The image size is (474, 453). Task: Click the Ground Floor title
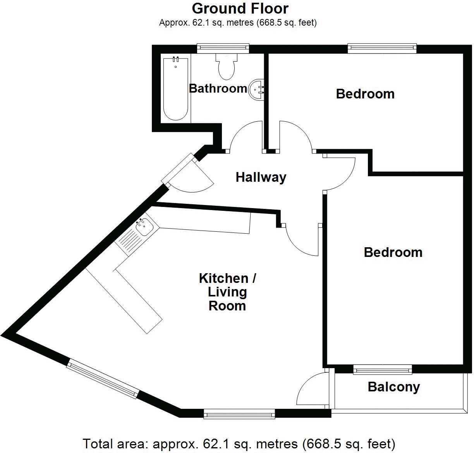coord(240,8)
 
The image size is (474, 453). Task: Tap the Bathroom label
coord(218,88)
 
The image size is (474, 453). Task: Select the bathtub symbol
coord(175,88)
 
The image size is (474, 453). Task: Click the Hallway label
coord(261,177)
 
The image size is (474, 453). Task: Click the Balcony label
coord(393,387)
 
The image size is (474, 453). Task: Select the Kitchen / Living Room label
coord(227,292)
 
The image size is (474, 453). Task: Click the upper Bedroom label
coord(365,94)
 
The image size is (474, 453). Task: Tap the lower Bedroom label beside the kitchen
coord(393,252)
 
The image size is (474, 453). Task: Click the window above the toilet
coord(223,48)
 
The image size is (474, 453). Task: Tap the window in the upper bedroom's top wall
coord(381,48)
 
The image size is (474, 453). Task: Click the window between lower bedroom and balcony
coord(382,370)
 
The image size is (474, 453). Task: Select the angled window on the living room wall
coord(102,379)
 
